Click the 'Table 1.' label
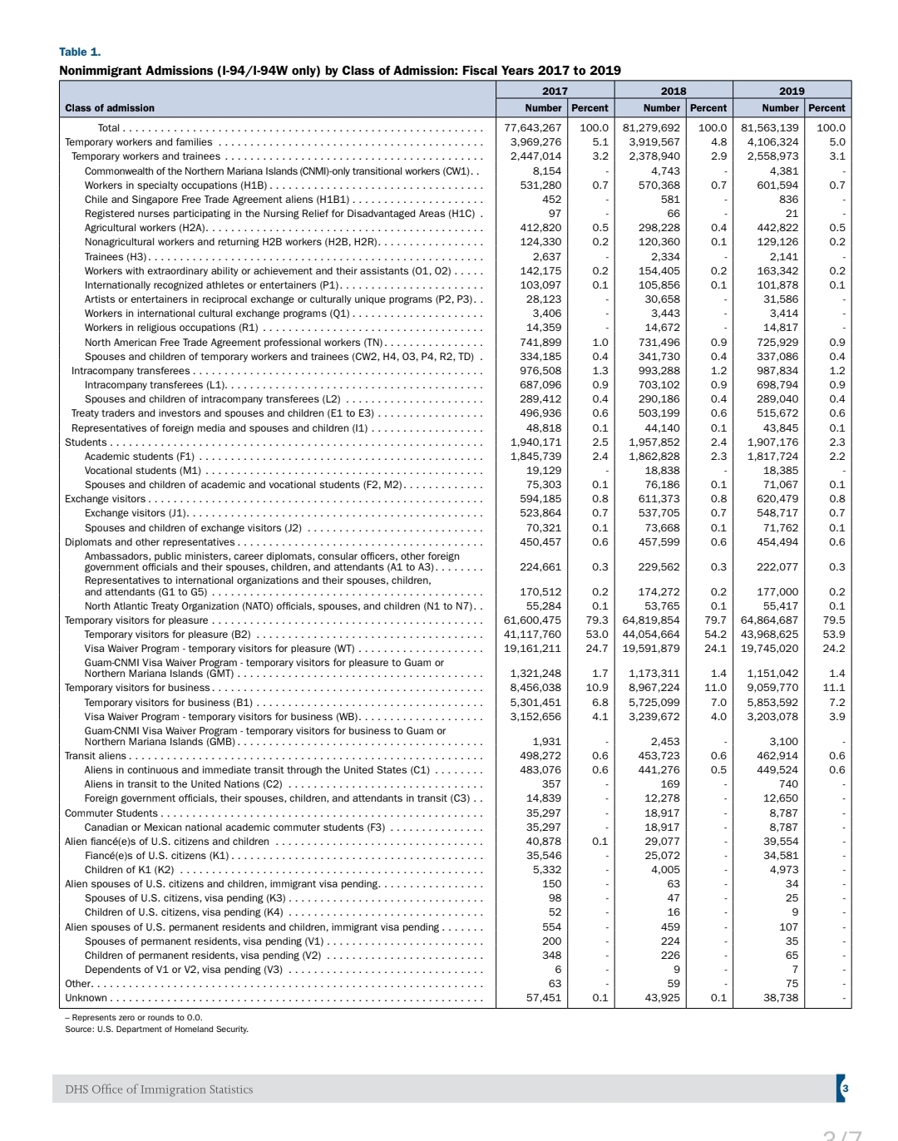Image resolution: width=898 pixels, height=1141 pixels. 80,52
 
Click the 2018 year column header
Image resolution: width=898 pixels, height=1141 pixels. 673,91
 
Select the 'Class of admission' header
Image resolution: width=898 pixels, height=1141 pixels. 110,108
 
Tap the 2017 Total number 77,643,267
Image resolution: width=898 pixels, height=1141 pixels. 532,128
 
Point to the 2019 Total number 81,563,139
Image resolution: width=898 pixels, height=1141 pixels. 769,128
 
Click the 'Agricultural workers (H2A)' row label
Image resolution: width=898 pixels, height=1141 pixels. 146,228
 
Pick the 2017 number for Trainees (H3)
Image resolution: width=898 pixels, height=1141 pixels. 546,256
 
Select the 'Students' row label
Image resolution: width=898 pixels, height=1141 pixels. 86,442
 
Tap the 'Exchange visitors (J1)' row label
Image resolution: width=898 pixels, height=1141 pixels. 136,513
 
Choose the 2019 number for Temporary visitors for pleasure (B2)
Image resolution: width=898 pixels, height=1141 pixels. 769,635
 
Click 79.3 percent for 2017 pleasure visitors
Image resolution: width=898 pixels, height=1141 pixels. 596,620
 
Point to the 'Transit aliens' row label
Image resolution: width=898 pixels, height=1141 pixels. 96,756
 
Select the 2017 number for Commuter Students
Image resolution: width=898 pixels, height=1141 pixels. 544,813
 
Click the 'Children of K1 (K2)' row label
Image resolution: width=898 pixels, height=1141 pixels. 129,870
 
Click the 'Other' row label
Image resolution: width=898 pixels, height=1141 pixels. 77,984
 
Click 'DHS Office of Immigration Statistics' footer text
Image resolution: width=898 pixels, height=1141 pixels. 159,1089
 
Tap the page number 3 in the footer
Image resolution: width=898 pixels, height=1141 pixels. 845,1089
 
